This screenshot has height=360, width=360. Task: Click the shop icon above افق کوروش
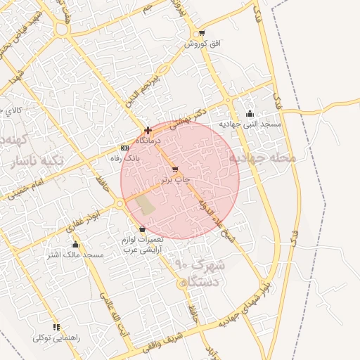[202, 34]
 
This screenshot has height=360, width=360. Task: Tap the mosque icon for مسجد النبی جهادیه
[250, 114]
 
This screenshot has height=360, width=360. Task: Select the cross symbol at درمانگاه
[148, 130]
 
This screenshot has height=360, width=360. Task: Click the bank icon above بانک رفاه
[124, 148]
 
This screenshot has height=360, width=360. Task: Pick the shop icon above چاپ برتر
[175, 170]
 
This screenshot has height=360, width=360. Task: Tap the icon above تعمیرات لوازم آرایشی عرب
[143, 229]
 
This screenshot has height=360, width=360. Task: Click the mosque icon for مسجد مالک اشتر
[75, 245]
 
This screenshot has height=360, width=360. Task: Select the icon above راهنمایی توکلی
[56, 327]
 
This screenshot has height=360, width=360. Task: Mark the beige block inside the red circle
[146, 205]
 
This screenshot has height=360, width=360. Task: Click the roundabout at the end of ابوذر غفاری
[121, 204]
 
